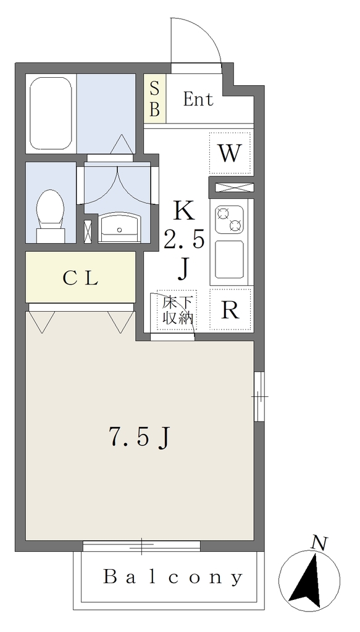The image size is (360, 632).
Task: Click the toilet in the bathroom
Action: tap(51, 216)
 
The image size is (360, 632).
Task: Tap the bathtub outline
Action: tap(51, 114)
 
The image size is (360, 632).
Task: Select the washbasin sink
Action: tap(120, 228)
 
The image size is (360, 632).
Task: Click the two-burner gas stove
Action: tap(229, 220)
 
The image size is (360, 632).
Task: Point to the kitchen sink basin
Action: tap(229, 260)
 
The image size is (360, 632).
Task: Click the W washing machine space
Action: tap(230, 154)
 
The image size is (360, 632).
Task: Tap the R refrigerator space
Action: tap(230, 310)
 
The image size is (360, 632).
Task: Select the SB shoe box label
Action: tap(155, 99)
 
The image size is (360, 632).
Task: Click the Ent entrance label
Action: tap(198, 99)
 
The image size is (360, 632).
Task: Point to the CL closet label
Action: tap(81, 278)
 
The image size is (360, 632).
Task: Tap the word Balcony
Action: tap(173, 578)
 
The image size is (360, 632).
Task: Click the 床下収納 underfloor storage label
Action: tap(177, 310)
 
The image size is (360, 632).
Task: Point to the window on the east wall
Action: tap(259, 397)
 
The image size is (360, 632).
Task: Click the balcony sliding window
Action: tap(141, 546)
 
